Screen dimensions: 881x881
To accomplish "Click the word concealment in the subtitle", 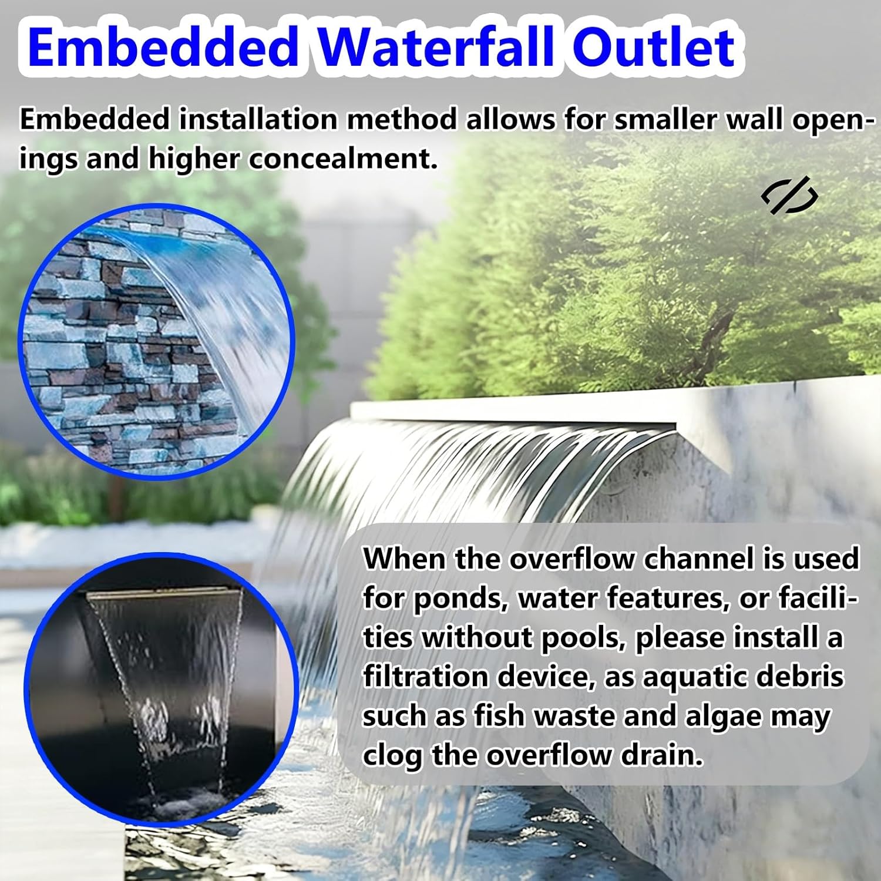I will [x=343, y=159].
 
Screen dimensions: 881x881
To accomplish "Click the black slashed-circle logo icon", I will [x=789, y=195].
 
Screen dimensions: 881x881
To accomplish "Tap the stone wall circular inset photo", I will [x=156, y=341].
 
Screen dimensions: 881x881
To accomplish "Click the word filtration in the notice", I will [x=425, y=677].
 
